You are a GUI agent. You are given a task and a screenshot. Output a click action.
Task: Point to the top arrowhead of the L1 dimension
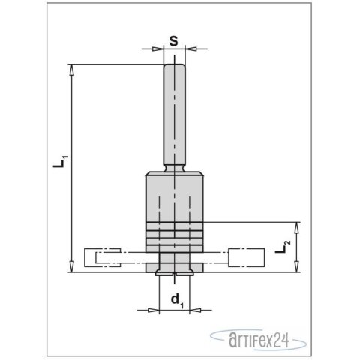72,69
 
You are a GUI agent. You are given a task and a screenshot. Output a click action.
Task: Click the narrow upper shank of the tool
173,112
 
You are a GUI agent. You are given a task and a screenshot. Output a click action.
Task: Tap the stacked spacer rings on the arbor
173,232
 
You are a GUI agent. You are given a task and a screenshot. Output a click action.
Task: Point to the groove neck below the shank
173,169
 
